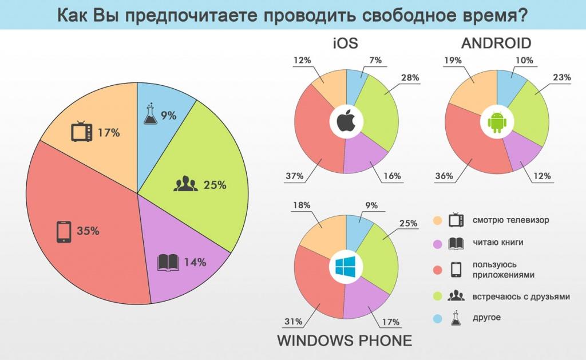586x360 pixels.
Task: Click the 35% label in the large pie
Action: pos(89,232)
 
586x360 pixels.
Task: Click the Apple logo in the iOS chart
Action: pos(346,122)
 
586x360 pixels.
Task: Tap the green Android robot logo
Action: pos(496,122)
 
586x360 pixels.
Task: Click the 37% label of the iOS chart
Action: pos(294,176)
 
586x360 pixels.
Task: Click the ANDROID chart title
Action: pos(496,43)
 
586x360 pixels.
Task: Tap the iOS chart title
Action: pos(347,43)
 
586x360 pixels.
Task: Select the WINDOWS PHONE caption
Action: pos(345,341)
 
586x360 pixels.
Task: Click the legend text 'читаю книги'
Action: pos(498,243)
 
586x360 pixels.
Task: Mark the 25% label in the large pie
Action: pos(215,185)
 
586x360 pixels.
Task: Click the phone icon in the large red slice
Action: pos(63,232)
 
